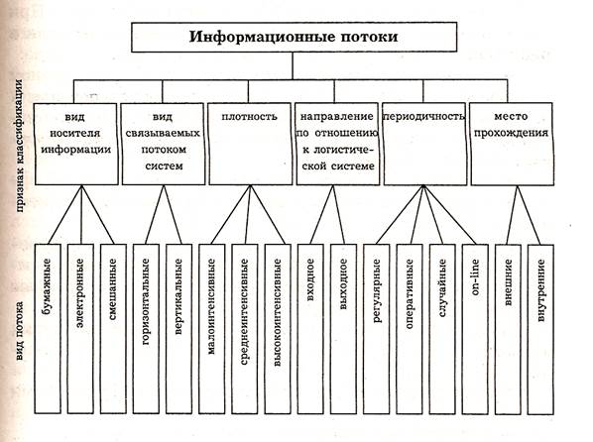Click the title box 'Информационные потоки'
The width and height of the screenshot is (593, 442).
point(294,37)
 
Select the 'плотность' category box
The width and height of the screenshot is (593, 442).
point(250,144)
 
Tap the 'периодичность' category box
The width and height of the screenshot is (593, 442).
point(424,144)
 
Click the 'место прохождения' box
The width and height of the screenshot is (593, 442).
point(512,144)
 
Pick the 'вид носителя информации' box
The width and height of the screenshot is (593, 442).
point(76,144)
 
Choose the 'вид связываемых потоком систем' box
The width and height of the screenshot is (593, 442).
point(163,144)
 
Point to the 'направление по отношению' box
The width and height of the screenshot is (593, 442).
point(337,144)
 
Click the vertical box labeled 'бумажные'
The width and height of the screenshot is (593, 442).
point(48,329)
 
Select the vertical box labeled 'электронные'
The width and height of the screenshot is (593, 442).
point(80,329)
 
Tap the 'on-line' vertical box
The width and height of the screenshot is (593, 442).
point(475,329)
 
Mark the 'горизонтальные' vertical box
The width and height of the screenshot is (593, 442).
point(146,329)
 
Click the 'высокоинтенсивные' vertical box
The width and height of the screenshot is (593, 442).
point(278,329)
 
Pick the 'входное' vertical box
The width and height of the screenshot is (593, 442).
point(310,329)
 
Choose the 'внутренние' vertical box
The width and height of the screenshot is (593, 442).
point(540,329)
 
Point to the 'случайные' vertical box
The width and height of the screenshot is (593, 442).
point(442,329)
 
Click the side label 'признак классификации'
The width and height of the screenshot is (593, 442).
point(20,146)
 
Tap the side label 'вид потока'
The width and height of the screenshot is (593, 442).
point(20,330)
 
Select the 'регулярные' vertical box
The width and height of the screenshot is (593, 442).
point(376,329)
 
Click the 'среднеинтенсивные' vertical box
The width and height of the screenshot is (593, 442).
point(245,329)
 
